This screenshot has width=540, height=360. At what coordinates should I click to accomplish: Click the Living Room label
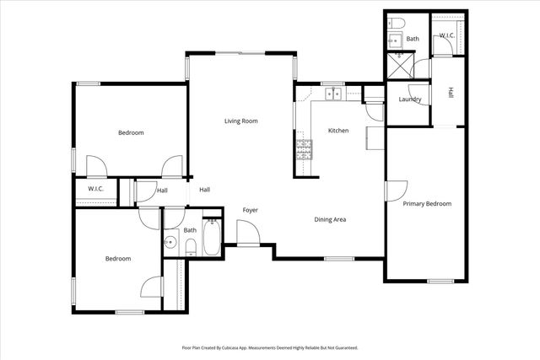(240, 121)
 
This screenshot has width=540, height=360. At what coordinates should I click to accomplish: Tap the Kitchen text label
(338, 131)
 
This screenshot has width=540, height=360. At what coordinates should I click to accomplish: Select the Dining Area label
(331, 220)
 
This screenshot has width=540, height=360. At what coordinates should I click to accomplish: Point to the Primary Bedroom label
(426, 204)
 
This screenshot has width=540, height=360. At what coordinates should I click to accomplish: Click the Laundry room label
(410, 99)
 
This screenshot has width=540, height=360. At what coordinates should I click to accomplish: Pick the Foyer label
(251, 210)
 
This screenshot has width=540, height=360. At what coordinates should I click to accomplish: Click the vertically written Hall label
(451, 93)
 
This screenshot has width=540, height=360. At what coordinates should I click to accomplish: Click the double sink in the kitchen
(334, 94)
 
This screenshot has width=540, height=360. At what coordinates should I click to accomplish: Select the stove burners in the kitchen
(302, 151)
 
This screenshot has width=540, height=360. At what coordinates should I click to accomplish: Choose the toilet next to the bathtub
(190, 246)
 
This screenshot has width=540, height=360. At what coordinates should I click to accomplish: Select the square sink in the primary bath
(391, 39)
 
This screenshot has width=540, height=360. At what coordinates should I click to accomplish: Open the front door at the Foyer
(246, 234)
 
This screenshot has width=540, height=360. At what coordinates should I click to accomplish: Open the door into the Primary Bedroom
(393, 191)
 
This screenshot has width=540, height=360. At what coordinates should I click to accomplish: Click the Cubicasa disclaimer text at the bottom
(270, 347)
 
